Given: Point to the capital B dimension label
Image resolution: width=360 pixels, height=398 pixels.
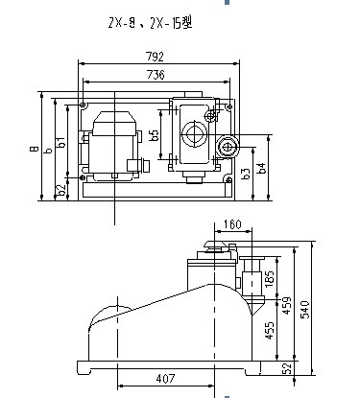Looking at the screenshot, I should point(35,149).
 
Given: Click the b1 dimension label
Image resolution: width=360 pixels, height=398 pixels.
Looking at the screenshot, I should point(61,144).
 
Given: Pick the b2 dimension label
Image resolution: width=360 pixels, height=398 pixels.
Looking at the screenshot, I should point(61,190).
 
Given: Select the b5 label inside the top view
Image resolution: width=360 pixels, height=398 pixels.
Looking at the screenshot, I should point(154,135).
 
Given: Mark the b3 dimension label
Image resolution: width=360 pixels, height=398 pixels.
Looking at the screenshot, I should point(247,174).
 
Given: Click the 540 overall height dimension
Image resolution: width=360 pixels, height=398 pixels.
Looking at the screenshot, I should point(305,311).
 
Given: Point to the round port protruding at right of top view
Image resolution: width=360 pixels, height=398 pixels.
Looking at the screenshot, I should point(228,146).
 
